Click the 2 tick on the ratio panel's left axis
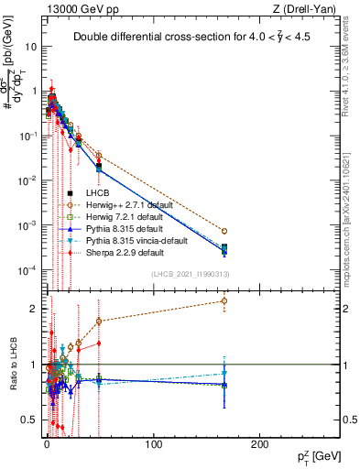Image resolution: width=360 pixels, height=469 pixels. (x=35, y=309)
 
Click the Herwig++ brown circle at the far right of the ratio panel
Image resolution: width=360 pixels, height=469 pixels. (x=224, y=300)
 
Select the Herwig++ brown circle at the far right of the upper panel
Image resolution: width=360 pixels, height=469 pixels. (x=224, y=231)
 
